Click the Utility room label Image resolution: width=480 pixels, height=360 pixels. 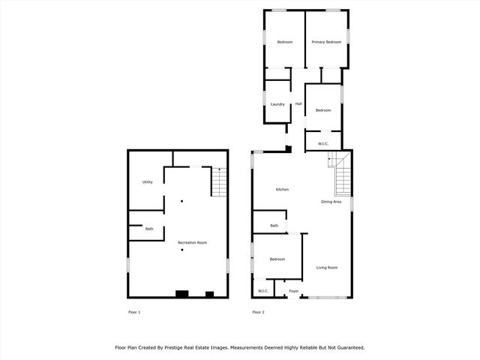point(148,182)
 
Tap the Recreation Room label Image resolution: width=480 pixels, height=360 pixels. point(192,243)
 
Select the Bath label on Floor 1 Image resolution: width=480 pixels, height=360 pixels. point(149,229)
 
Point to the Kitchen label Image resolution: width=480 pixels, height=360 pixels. point(282,190)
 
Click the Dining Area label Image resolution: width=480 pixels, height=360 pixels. point(331,202)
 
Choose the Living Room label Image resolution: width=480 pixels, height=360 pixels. point(326,268)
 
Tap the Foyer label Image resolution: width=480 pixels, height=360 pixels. point(294,291)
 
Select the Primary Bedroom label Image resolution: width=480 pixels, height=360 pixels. point(326,42)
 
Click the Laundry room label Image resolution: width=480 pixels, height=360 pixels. point(277,104)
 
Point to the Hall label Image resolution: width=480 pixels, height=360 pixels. point(298,104)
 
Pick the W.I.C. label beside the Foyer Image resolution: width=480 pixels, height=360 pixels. point(263,291)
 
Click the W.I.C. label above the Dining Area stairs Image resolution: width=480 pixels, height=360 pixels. point(323,143)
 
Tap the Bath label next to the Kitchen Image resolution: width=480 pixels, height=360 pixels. point(274,226)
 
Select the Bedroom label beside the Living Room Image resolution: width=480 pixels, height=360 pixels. point(277,259)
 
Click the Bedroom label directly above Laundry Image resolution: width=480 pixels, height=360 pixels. point(285,42)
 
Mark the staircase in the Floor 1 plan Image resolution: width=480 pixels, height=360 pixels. point(217,181)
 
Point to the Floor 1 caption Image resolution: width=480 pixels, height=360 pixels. point(133,312)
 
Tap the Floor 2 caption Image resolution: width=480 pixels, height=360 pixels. point(258,312)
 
